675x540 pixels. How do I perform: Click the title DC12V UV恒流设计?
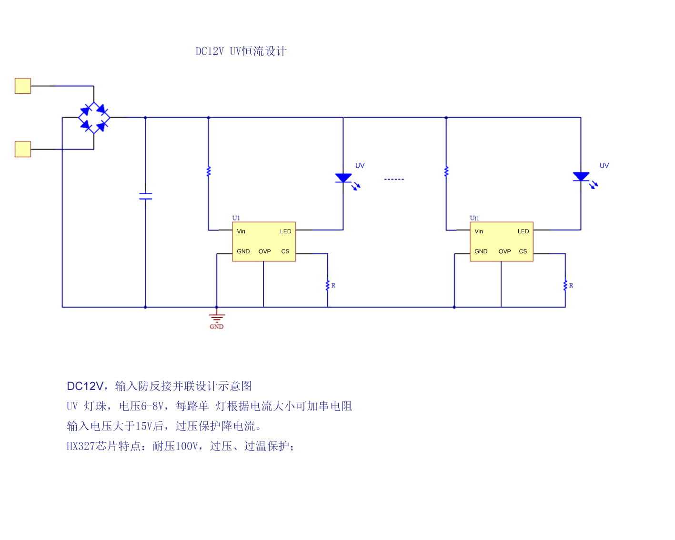tap(241, 51)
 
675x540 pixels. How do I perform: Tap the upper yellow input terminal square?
tap(23, 86)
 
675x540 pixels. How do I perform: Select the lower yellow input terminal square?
tap(23, 149)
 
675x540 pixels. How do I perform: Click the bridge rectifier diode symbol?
tap(94, 118)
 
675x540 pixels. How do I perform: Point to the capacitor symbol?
tap(145, 196)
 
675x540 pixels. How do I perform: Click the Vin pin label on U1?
tap(241, 231)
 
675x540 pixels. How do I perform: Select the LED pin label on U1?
tap(285, 231)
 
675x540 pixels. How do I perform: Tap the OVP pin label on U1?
tap(264, 251)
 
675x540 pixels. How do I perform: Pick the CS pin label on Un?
tap(523, 251)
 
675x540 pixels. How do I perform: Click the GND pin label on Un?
tap(481, 251)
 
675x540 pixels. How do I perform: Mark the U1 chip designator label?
tap(236, 218)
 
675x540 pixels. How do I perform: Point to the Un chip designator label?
tap(474, 218)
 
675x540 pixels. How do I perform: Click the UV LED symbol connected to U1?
tap(343, 178)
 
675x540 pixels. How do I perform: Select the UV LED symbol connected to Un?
tap(581, 177)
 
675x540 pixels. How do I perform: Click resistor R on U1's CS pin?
tap(328, 285)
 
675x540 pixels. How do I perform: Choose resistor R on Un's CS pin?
tap(565, 285)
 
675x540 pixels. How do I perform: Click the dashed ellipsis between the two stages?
tap(394, 180)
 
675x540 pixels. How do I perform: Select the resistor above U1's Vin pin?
tap(208, 171)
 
